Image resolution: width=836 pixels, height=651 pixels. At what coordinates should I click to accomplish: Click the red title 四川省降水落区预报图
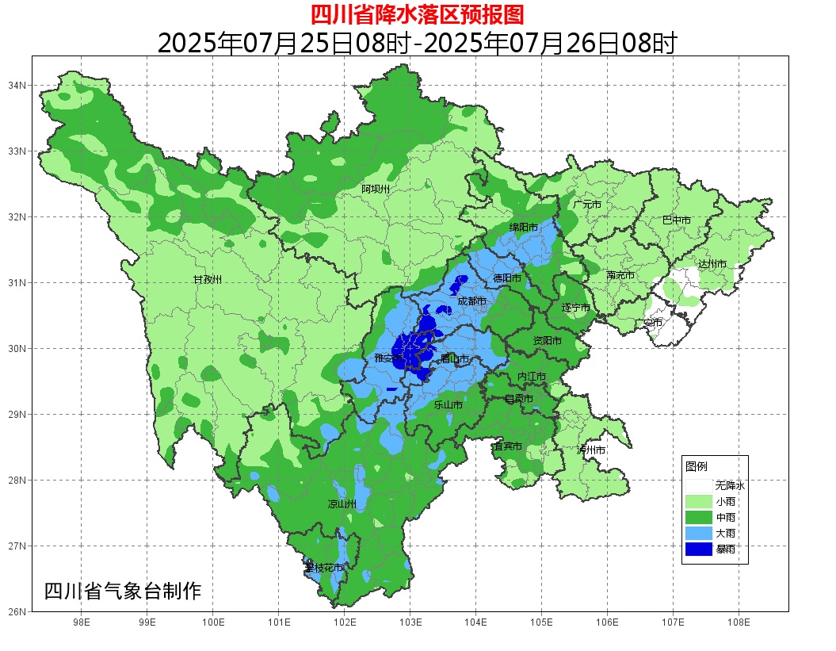coord(417,14)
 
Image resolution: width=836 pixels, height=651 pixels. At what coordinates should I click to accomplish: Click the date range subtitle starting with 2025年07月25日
coord(417,43)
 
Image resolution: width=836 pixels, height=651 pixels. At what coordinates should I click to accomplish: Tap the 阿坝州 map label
coord(376,189)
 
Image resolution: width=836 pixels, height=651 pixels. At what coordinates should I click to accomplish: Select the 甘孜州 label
coord(208,280)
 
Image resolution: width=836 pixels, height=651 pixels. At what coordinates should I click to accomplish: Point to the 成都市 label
coord(472,301)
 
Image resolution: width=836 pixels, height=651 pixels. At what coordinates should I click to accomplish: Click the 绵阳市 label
coord(523,228)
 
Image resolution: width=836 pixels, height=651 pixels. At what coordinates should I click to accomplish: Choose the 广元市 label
coord(587,205)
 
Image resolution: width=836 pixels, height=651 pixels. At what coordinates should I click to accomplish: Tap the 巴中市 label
coord(677,220)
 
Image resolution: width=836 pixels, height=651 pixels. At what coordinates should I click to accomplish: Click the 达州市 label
coord(712,264)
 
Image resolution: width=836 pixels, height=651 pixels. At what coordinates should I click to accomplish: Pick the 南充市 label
coord(620,276)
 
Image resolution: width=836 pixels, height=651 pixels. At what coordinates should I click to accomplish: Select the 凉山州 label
coord(342,504)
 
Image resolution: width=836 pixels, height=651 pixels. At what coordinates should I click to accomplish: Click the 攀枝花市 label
coord(324,569)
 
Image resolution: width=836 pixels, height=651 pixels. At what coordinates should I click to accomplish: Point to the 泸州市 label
coord(591,450)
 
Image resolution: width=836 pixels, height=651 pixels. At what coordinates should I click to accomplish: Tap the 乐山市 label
coord(448,405)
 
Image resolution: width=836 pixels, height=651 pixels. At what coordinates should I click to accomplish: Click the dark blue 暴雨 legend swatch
coord(700,549)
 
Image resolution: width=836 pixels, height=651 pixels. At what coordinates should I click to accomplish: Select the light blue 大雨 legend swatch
coord(700,533)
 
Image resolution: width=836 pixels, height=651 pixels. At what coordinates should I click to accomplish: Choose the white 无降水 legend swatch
coord(700,485)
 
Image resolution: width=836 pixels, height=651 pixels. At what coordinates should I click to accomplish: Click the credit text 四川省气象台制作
coord(123,592)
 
